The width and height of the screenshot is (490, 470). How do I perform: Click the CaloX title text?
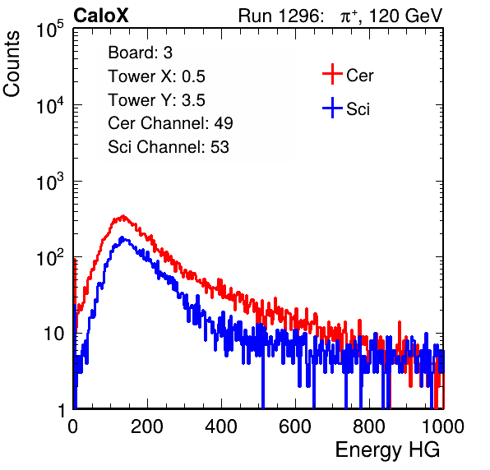[x=101, y=16]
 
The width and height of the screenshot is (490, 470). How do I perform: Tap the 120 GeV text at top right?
[x=406, y=16]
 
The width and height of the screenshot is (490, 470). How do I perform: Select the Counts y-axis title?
[x=12, y=64]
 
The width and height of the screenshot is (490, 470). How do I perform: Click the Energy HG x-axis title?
[x=387, y=450]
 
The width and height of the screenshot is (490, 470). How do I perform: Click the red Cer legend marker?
[x=332, y=74]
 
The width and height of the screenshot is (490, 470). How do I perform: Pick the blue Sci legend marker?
[x=332, y=108]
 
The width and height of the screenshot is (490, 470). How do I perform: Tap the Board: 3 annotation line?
[x=140, y=53]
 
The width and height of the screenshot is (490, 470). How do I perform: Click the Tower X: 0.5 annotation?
[x=156, y=76]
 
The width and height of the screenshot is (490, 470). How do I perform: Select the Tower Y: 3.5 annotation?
[x=156, y=100]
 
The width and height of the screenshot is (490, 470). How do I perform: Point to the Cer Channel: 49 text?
[x=170, y=123]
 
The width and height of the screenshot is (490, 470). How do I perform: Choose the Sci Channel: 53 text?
[x=169, y=147]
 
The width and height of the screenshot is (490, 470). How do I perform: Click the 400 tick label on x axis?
[x=221, y=426]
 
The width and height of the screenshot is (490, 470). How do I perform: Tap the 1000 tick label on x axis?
[x=443, y=426]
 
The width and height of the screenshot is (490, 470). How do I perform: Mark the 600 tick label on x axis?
[x=295, y=426]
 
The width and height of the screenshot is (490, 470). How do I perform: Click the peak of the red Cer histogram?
[x=123, y=216]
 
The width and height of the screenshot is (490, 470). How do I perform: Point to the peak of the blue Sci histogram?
[x=122, y=237]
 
